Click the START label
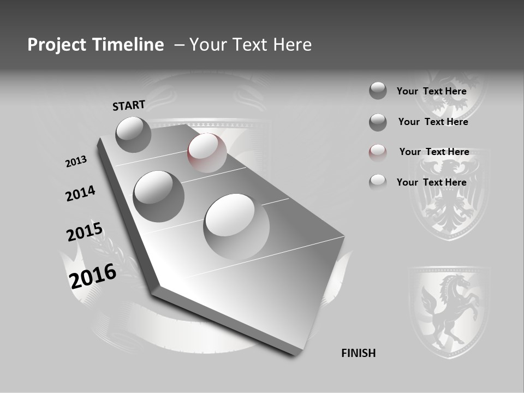(x=129, y=105)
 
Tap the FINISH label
(x=358, y=353)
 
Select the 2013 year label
(x=76, y=162)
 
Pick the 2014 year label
(x=80, y=194)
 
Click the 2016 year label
(x=93, y=276)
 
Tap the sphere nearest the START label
(x=133, y=134)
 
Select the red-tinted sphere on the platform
(x=207, y=153)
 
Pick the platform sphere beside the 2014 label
(x=158, y=196)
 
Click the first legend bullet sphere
(x=378, y=91)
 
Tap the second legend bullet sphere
(x=378, y=122)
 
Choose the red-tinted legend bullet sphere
(x=378, y=153)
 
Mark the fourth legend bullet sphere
(x=378, y=182)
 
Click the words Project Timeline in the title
(x=96, y=45)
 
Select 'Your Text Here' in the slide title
(x=251, y=45)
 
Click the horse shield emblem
(x=449, y=311)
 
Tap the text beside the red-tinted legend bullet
(x=434, y=152)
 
